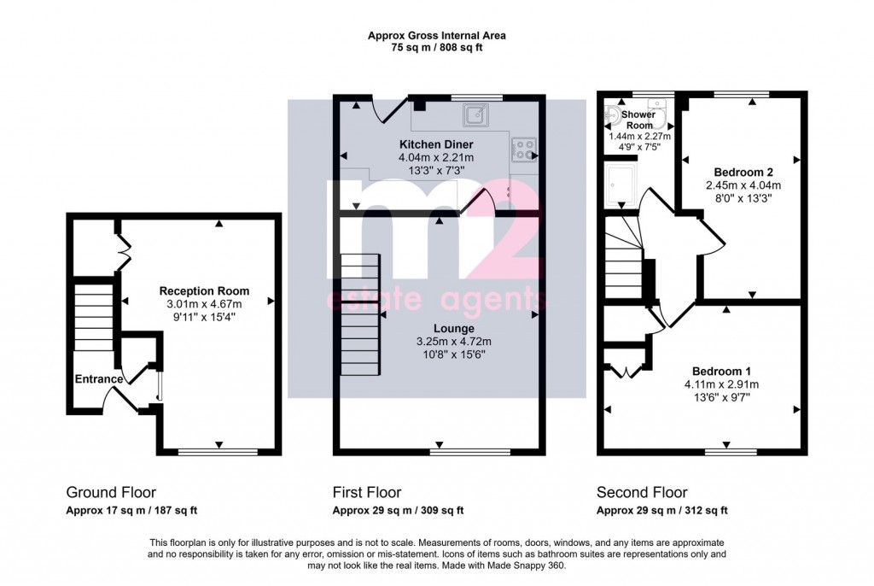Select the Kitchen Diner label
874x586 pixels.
(436, 144)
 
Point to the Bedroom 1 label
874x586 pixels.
(721, 371)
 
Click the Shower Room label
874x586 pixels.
(638, 120)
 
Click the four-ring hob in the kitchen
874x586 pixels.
(522, 150)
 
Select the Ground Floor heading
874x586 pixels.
(111, 493)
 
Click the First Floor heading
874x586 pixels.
(366, 493)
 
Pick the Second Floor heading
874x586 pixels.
(641, 493)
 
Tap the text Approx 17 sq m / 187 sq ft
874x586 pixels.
(131, 512)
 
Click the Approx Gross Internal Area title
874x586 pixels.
(436, 36)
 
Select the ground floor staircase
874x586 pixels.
(92, 316)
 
